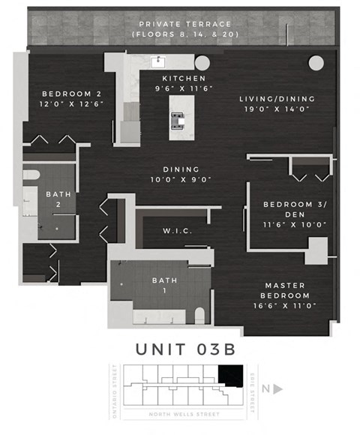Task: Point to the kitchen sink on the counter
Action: (160, 61)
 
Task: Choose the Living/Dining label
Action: (277, 98)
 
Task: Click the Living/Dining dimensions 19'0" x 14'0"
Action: (277, 109)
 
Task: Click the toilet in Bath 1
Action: (199, 315)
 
